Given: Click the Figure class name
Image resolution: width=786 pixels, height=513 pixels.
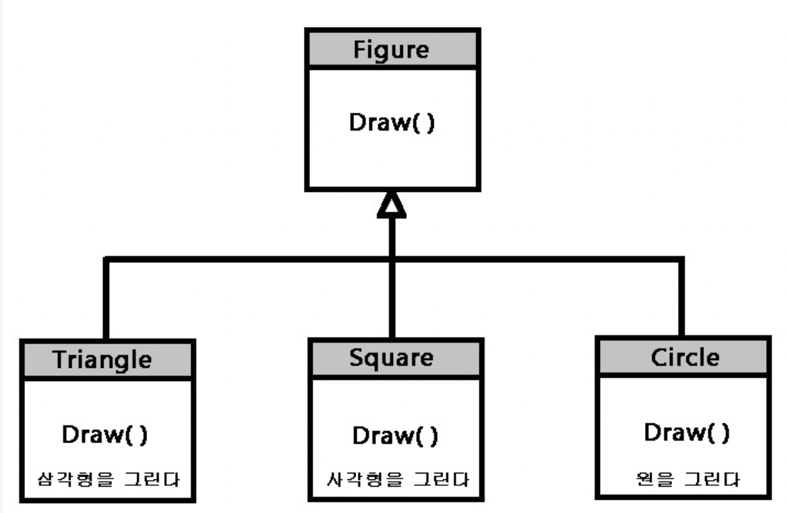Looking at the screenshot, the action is point(391,49).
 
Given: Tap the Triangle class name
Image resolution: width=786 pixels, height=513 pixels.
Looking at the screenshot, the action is point(102,359).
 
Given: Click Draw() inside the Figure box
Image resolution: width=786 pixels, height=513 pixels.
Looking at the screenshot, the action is point(392,125).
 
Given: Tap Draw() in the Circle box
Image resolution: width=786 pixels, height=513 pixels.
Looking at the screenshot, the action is point(686,433).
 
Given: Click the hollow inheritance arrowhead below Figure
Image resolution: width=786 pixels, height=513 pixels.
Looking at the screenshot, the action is point(392,206).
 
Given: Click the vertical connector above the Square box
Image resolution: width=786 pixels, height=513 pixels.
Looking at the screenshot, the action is point(392,300).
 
